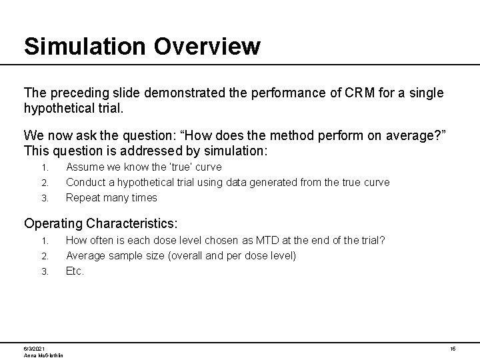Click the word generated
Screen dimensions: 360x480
pos(276,182)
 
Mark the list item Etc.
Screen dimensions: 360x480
pos(75,271)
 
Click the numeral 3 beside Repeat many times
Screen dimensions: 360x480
pos(45,198)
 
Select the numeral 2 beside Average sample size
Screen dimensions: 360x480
pos(45,256)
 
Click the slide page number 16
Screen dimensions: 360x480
pos(452,349)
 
